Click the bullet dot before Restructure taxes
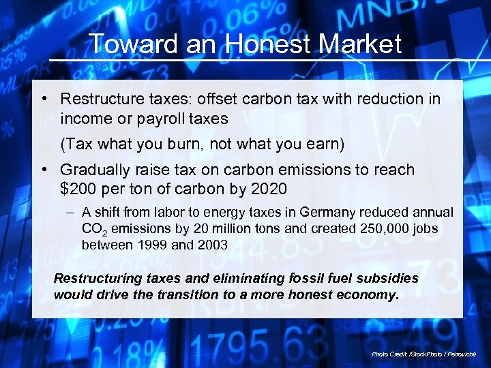43,99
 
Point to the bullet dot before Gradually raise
43,170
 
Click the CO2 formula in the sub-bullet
93,230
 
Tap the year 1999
153,245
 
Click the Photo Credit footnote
428,354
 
